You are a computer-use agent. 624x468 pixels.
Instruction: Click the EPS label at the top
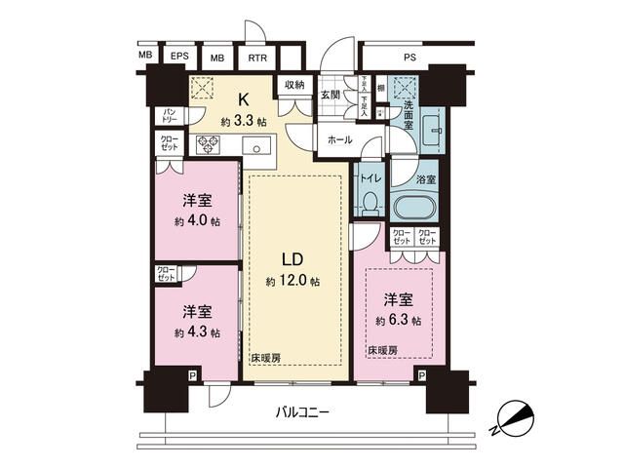click(179, 57)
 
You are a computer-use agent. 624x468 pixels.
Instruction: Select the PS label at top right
click(409, 57)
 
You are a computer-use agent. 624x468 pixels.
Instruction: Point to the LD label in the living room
click(293, 260)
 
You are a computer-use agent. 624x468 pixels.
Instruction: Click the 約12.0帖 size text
click(293, 283)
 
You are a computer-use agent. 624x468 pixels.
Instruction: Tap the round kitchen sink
click(258, 148)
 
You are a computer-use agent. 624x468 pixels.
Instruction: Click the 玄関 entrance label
click(331, 95)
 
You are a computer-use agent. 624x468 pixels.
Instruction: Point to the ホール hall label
click(339, 140)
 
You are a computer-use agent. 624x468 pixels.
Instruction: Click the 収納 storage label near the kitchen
click(294, 86)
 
